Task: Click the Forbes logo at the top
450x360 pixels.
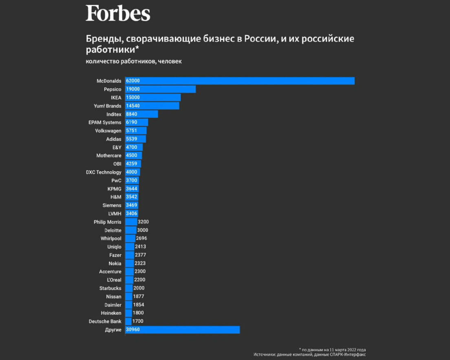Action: pyautogui.click(x=118, y=13)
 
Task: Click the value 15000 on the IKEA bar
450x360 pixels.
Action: pyautogui.click(x=133, y=97)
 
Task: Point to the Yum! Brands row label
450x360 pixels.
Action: pyautogui.click(x=108, y=106)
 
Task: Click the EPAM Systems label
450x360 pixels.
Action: pyautogui.click(x=105, y=122)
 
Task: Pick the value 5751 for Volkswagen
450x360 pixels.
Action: pyautogui.click(x=132, y=131)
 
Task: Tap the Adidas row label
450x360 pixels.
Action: pyautogui.click(x=113, y=139)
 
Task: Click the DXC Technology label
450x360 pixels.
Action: pyautogui.click(x=104, y=172)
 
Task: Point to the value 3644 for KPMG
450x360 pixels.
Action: pyautogui.click(x=132, y=189)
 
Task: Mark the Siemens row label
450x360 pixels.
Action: pyautogui.click(x=112, y=205)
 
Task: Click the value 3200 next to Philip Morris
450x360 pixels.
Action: pyautogui.click(x=143, y=222)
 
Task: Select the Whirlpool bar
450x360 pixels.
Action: pyautogui.click(x=130, y=238)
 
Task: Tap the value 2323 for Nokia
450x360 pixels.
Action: pyautogui.click(x=140, y=263)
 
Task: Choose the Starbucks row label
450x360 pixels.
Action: pyautogui.click(x=110, y=288)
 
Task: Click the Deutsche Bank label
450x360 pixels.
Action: pyautogui.click(x=105, y=321)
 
